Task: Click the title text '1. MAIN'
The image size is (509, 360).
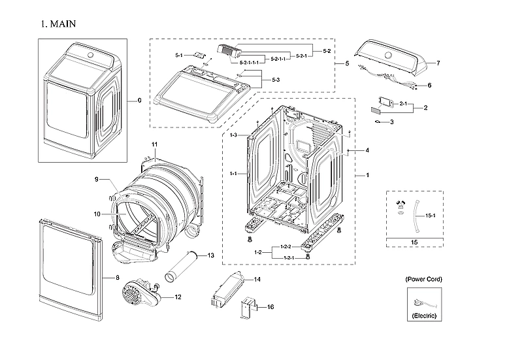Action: pyautogui.click(x=58, y=24)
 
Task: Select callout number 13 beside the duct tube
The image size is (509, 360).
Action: pyautogui.click(x=210, y=255)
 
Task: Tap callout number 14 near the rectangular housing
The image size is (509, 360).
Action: pyautogui.click(x=257, y=280)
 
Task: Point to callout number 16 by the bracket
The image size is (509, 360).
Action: pyautogui.click(x=271, y=306)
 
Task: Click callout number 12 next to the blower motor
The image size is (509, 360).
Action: pyautogui.click(x=178, y=297)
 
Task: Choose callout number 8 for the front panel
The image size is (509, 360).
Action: pyautogui.click(x=117, y=278)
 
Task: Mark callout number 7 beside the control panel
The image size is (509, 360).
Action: pyautogui.click(x=438, y=63)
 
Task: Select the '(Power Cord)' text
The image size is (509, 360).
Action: pyautogui.click(x=423, y=279)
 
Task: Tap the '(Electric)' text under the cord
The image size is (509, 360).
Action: pyautogui.click(x=423, y=316)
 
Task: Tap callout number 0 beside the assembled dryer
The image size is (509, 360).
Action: pyautogui.click(x=139, y=101)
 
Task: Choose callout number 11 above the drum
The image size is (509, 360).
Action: pyautogui.click(x=155, y=144)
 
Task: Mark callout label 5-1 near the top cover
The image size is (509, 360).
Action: pyautogui.click(x=179, y=56)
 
